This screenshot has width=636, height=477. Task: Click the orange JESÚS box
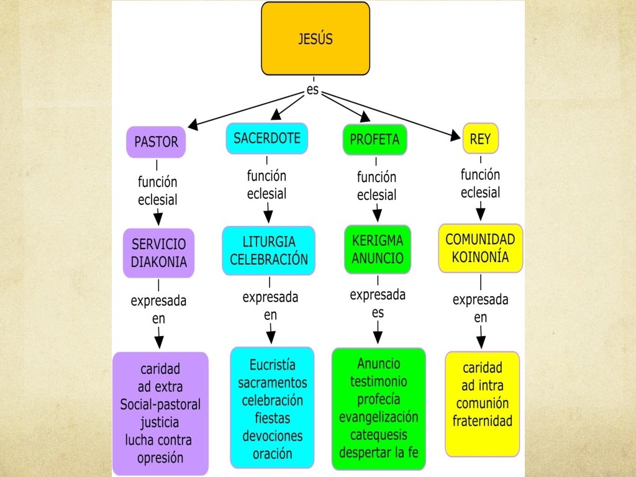point(316,39)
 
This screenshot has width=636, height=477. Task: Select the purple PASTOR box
point(156,142)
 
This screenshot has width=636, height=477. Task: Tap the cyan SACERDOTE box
point(267,138)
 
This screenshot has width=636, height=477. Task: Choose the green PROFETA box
point(375,139)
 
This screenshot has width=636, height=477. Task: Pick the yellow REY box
point(480,139)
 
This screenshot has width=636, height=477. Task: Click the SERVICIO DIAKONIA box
point(159,253)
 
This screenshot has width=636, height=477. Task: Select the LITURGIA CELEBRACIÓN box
point(269,250)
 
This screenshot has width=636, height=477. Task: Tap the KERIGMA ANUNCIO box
point(378,248)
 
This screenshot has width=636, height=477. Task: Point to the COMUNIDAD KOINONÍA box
point(480,248)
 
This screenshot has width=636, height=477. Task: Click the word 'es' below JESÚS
point(314,91)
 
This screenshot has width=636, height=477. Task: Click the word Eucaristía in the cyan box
point(273,365)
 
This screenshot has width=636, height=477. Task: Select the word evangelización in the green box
point(378,417)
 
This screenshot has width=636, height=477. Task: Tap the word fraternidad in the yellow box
point(483,420)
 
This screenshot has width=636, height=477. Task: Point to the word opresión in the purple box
point(160,458)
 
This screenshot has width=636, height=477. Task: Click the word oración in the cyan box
point(273,453)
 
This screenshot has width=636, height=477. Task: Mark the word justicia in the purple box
point(160,422)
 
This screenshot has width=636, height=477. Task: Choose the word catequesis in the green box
point(378,434)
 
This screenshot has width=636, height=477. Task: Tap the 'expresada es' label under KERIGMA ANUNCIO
point(378,303)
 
